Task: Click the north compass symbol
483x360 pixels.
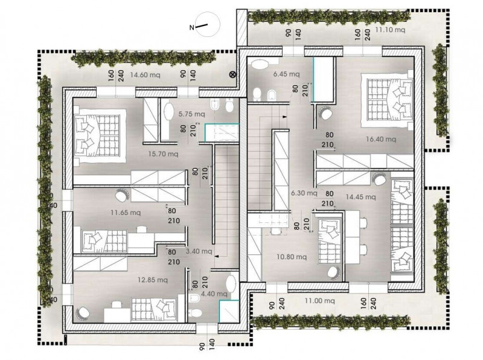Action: tap(205, 25)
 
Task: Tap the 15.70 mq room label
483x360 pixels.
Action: tap(162, 154)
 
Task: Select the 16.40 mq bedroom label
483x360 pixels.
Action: tap(381, 140)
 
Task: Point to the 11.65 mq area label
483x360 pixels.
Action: tap(126, 213)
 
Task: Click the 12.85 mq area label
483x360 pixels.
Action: tap(153, 280)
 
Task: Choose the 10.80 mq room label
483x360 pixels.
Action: tap(292, 257)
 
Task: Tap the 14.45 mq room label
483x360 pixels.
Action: tap(360, 197)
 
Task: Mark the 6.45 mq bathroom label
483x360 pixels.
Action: tap(286, 74)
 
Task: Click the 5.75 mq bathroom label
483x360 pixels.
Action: tap(191, 114)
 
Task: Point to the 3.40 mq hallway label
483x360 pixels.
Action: tap(199, 251)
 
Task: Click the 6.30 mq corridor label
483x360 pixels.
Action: tap(304, 193)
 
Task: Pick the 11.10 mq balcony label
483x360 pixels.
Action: tap(390, 30)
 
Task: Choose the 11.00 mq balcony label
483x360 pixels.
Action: tap(319, 301)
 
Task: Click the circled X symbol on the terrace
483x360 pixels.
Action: tap(232, 74)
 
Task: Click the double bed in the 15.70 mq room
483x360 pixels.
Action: tap(100, 135)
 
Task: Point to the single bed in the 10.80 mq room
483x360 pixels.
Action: tap(329, 242)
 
